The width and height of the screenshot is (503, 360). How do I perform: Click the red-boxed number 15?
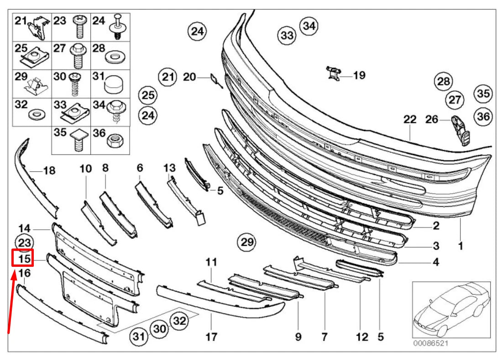point(24,259)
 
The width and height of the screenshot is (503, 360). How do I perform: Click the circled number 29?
point(247,242)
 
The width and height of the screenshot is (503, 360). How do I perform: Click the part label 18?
point(49,171)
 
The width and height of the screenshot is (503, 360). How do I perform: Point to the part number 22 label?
point(410,120)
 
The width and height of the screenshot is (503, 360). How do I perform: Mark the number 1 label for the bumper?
point(460,246)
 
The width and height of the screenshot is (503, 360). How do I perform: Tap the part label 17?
point(211,337)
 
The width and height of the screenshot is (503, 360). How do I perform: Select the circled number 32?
point(179,321)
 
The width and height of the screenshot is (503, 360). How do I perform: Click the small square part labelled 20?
point(214,79)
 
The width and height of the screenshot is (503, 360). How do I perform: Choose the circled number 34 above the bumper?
point(309,26)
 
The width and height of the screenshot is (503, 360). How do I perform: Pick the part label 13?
point(169,168)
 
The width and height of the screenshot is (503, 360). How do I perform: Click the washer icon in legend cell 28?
point(112,58)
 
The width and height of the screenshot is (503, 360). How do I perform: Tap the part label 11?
point(211,262)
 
